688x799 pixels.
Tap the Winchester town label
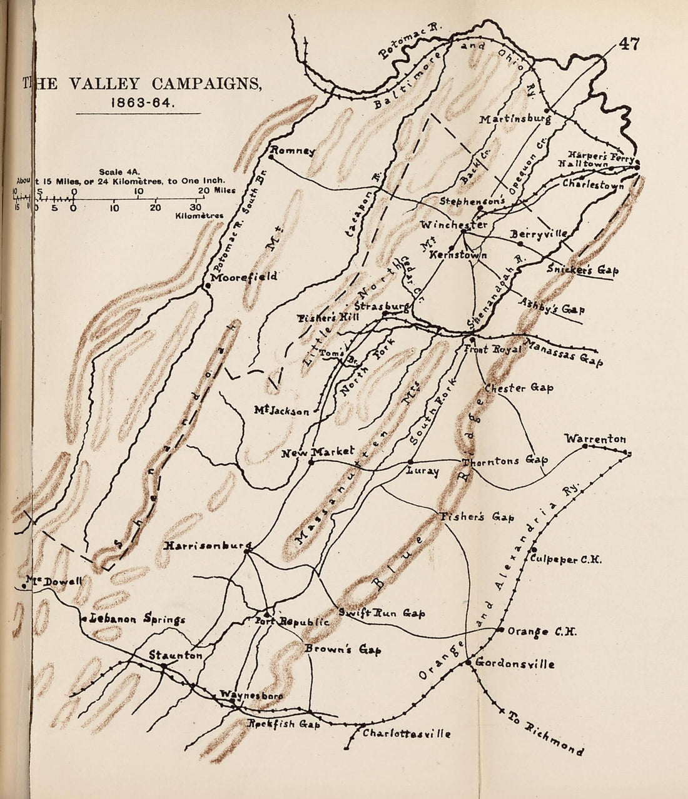[x=453, y=224]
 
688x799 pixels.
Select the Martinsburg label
[x=515, y=119]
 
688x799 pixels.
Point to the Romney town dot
[x=271, y=149]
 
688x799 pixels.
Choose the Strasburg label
[x=382, y=306]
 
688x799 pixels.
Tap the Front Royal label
[x=492, y=349]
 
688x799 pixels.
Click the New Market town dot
[x=311, y=462]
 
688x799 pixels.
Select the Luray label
[x=423, y=471]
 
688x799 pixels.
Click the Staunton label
[x=175, y=655]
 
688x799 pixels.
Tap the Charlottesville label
[x=407, y=733]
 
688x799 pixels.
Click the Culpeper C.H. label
[x=565, y=560]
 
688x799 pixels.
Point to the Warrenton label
[x=595, y=439]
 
